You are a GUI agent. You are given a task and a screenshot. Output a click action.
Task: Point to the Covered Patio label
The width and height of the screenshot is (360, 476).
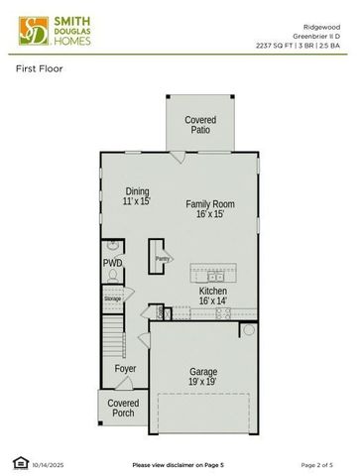(x=200, y=125)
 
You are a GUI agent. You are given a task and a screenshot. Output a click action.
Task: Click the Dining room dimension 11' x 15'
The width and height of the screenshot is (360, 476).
(x=137, y=201)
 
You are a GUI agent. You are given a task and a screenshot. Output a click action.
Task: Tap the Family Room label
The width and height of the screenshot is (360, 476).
(x=210, y=204)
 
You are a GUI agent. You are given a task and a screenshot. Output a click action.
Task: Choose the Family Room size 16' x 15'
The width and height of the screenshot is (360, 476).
(x=210, y=214)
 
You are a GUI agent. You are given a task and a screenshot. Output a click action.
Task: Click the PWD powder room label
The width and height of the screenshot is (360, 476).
(x=112, y=263)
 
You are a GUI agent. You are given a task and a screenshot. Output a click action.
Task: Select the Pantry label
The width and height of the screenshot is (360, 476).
(x=161, y=259)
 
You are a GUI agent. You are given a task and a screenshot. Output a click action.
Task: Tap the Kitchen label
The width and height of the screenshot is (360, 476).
(x=212, y=291)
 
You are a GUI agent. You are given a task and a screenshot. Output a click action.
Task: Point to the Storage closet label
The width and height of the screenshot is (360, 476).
(x=113, y=297)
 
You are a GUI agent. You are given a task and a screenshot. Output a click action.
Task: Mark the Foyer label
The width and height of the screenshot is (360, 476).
(x=125, y=369)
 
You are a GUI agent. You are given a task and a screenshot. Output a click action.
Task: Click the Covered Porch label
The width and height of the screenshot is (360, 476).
(x=123, y=408)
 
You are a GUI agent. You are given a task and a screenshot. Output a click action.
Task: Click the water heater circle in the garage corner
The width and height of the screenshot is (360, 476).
(x=248, y=329)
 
